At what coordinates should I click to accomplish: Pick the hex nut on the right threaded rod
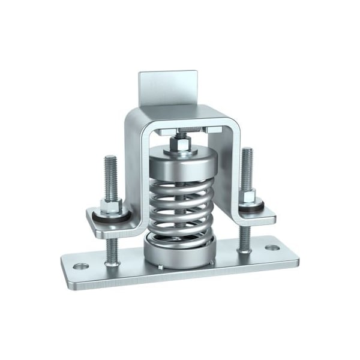coord(248,196)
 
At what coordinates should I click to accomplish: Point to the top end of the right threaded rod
coord(247,150)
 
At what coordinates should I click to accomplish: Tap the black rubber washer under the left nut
coord(112,217)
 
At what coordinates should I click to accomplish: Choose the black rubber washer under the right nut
coord(249,205)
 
